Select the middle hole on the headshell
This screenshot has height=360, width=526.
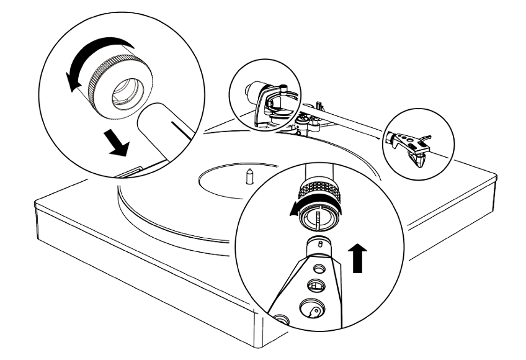315,286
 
